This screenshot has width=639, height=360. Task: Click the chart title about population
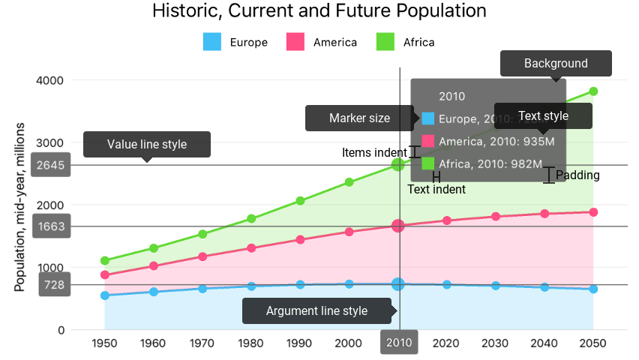pos(319,11)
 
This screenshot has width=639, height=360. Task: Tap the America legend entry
pos(322,42)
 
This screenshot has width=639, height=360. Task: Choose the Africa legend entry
pos(405,42)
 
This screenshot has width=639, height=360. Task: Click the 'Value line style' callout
pos(147,144)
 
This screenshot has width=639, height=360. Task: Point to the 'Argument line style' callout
pos(317,310)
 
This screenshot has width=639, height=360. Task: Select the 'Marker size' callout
pos(359,118)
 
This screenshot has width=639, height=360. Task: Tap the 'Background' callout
pos(556,64)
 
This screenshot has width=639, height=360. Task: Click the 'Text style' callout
pos(543,116)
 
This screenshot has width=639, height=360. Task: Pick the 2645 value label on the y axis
pos(55,165)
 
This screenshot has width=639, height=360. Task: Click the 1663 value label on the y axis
pos(55,226)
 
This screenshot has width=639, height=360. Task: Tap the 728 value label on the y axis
pos(55,285)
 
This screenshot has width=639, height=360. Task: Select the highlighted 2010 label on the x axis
pos(399,343)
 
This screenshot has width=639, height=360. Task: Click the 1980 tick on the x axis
pos(252,343)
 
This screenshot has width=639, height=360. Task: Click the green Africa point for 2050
pos(593,91)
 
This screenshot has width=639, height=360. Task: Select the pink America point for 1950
pos(105,275)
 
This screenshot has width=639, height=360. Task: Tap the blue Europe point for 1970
pos(202,288)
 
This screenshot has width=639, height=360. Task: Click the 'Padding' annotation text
pos(577,175)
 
